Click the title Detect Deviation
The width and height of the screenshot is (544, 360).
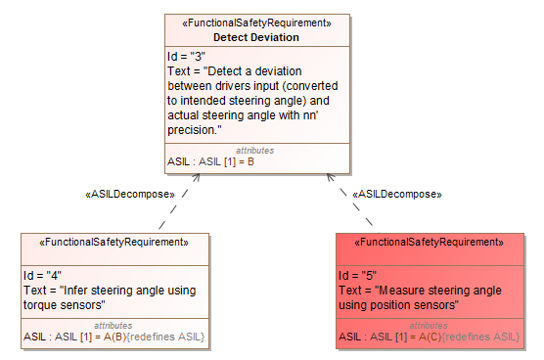(x=256, y=37)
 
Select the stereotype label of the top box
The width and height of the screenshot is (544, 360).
(x=256, y=22)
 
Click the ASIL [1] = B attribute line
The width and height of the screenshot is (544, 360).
(x=211, y=161)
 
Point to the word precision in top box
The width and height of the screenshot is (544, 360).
(x=193, y=129)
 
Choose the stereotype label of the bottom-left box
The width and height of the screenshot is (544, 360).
(x=113, y=242)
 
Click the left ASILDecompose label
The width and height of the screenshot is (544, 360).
(x=131, y=194)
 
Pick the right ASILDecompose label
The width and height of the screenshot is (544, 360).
(x=396, y=194)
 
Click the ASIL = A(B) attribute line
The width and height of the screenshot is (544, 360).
(x=114, y=337)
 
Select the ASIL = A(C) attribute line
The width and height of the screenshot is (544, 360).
(x=430, y=337)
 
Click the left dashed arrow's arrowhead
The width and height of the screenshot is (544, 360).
(x=197, y=177)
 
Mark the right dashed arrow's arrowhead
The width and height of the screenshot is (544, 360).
(x=329, y=177)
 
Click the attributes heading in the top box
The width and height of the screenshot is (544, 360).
(x=255, y=151)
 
